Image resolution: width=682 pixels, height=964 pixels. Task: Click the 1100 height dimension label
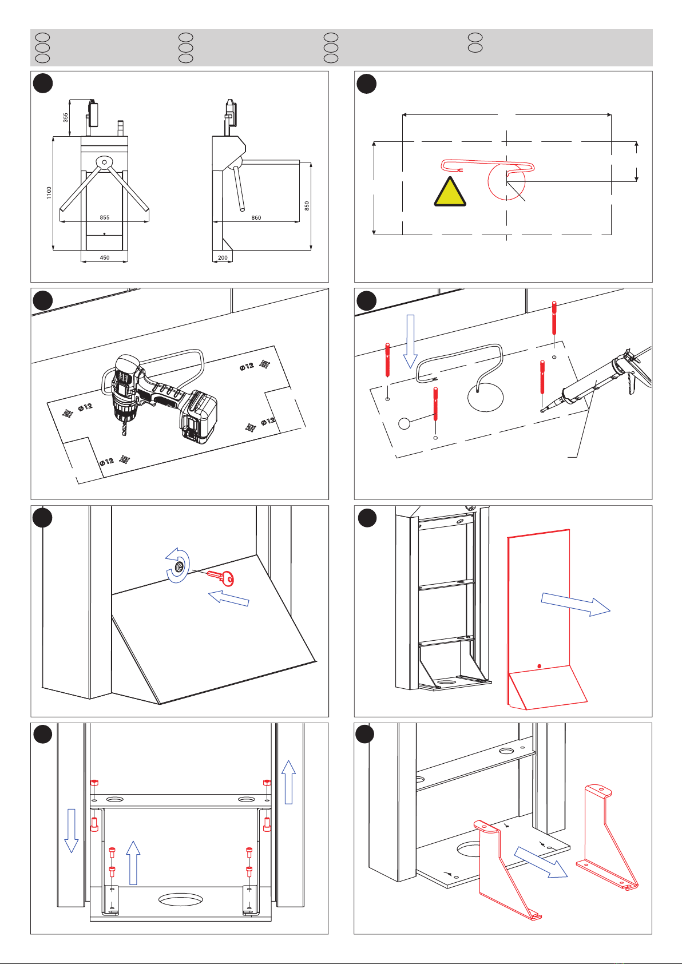(49, 193)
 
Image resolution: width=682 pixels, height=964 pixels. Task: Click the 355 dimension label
(66, 117)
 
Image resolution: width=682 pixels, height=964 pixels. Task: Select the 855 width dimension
(104, 217)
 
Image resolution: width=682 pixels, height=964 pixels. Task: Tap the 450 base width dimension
(105, 257)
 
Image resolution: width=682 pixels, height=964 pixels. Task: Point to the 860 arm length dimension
(256, 217)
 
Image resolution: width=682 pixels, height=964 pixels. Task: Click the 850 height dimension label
(307, 205)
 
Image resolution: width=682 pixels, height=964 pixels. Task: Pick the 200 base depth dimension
(223, 257)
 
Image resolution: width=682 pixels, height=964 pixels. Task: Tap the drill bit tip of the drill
(123, 436)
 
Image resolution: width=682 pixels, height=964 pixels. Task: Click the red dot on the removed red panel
(539, 666)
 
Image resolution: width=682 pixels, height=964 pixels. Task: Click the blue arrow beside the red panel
(576, 604)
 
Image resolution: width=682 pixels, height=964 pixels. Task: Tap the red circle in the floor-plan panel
(506, 181)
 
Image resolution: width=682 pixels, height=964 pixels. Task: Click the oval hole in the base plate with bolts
(180, 900)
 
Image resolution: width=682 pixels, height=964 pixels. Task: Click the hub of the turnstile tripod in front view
(104, 162)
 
